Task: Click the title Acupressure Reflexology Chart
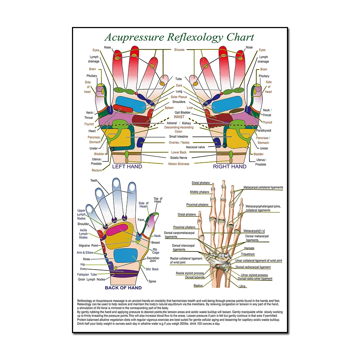point(179,37)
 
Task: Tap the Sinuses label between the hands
point(179,50)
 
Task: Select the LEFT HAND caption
point(127,167)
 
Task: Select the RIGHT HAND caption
point(230,167)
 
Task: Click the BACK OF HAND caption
point(123,288)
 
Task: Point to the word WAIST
point(179,117)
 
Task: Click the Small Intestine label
point(179,137)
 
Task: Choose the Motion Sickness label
point(179,164)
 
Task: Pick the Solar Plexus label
point(179,97)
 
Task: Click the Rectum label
point(96,170)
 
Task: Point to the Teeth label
point(94,181)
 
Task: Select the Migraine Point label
point(89,246)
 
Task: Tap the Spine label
point(152,281)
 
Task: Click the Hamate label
point(249,248)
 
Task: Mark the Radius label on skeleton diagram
point(198,285)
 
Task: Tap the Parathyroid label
point(264,131)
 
